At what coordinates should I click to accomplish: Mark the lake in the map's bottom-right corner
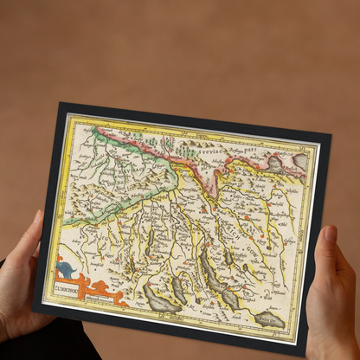[269, 321]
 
